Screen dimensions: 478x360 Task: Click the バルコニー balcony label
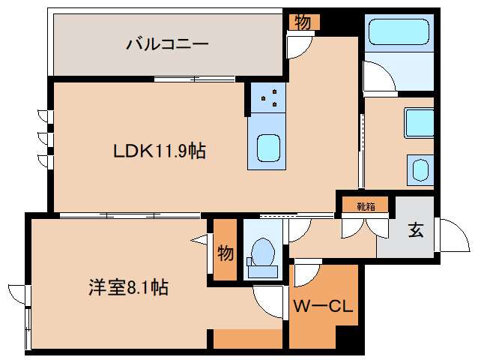pos(167,44)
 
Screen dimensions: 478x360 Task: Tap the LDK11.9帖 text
pos(160,151)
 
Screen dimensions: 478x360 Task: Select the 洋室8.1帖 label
pos(128,287)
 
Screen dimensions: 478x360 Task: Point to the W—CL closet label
pos(323,306)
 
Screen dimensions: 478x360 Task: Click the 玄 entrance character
pos(416,230)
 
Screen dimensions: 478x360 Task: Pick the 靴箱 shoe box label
pos(366,207)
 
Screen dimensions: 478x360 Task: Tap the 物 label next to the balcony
pos(303,22)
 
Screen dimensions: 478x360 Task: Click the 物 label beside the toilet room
pos(226,253)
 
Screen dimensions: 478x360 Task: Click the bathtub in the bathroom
pos(399,32)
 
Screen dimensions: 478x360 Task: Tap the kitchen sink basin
pos(268,148)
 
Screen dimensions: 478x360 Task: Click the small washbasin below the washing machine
pos(421,170)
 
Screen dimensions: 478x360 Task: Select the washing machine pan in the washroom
pos(419,123)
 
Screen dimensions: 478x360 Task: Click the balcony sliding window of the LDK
pos(195,79)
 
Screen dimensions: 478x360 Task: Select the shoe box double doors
pos(365,227)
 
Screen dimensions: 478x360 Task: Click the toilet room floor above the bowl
pos(263,228)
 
